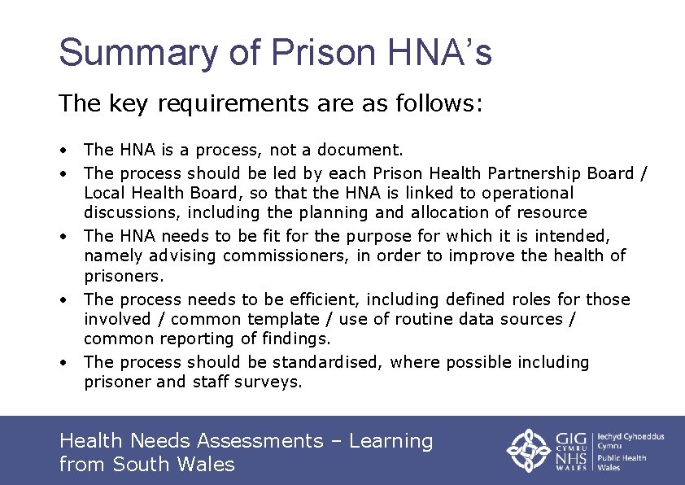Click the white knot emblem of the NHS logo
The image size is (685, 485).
point(530,450)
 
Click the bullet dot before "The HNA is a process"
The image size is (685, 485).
point(63,151)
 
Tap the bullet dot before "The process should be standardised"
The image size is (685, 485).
point(63,363)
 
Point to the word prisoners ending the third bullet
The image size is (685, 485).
point(121,276)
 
